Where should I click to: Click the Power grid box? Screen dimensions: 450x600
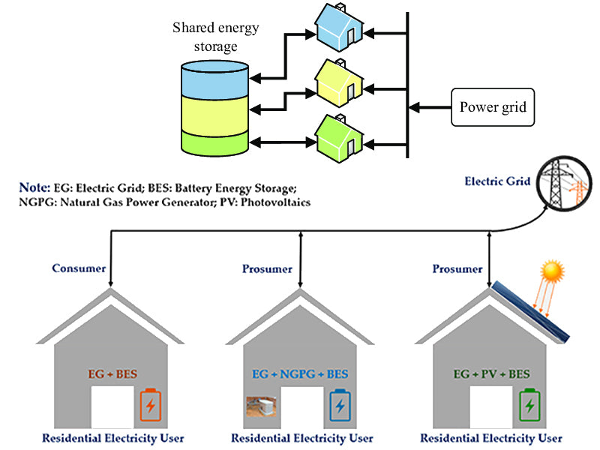493,107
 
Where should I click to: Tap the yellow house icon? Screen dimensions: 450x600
340,82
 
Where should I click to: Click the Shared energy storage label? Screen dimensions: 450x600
216,35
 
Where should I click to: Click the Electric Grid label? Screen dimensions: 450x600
497,181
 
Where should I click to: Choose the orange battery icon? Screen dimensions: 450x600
151,406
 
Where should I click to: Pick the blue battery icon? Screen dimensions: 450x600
340,406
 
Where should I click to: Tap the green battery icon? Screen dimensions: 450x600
530,406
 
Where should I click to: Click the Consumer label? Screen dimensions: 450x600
76,268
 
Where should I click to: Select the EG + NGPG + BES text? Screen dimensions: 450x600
300,373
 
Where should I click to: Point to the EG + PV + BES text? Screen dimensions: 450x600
490,373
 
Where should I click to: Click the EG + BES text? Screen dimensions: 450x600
111,373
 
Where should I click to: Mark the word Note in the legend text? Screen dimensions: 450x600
36,187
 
